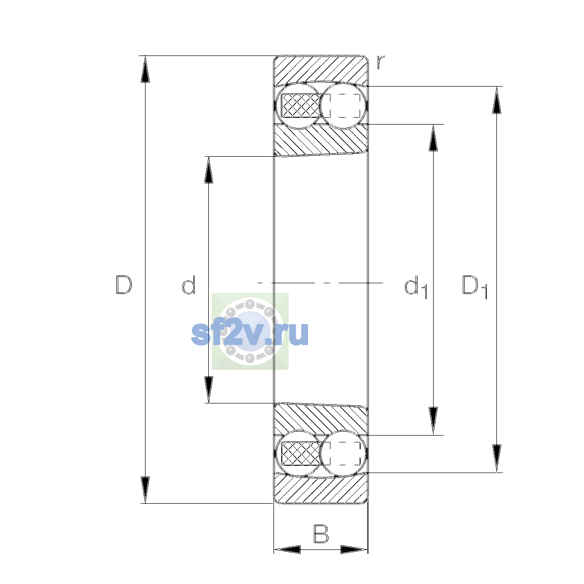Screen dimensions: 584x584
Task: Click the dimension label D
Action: (124, 285)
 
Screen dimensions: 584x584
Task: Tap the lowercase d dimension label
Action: (188, 285)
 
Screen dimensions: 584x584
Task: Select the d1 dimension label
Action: (416, 287)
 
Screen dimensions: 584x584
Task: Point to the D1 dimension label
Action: (474, 287)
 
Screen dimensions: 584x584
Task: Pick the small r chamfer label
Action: (380, 62)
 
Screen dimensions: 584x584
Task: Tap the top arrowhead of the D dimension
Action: (145, 69)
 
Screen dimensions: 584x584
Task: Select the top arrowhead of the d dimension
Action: (208, 170)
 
